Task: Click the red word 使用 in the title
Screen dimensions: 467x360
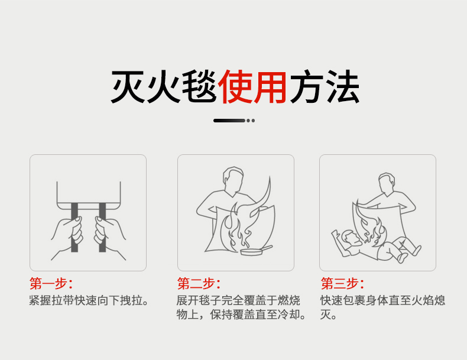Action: (x=252, y=87)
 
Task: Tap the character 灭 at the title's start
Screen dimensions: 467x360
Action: (x=128, y=87)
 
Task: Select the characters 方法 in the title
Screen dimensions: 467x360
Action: (x=325, y=87)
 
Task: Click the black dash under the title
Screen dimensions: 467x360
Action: (x=229, y=121)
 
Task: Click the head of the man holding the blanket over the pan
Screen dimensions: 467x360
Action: (x=233, y=179)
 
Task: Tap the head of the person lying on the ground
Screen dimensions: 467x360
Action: (x=352, y=238)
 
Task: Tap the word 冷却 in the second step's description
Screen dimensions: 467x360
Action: (x=289, y=314)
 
